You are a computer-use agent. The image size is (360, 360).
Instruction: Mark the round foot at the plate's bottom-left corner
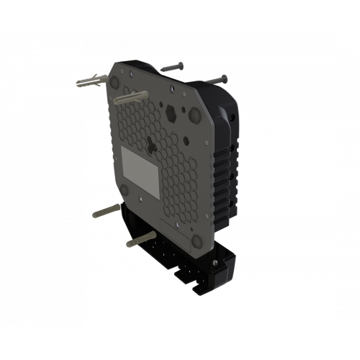click(x=127, y=192)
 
